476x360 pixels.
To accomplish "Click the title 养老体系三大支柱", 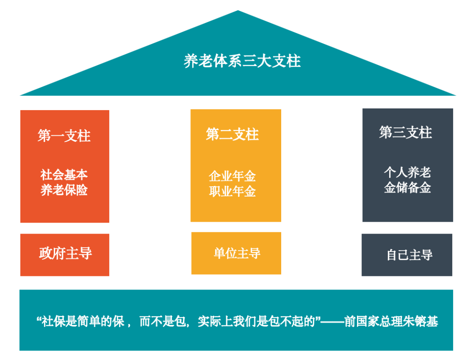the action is [x=242, y=61].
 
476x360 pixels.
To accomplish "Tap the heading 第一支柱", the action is [x=64, y=136].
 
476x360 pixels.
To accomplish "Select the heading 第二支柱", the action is [x=232, y=134].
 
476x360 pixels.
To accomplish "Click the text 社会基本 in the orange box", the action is [x=64, y=175].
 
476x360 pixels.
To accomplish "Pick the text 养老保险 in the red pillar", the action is [x=64, y=190].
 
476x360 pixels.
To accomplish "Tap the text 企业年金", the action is [x=232, y=176].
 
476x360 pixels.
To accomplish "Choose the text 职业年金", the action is [x=232, y=192].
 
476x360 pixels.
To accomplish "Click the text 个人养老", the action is [x=407, y=172].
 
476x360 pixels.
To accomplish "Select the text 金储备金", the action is [x=407, y=188].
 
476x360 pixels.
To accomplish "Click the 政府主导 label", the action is [x=65, y=253].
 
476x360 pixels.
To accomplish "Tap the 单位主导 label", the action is [x=237, y=253].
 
